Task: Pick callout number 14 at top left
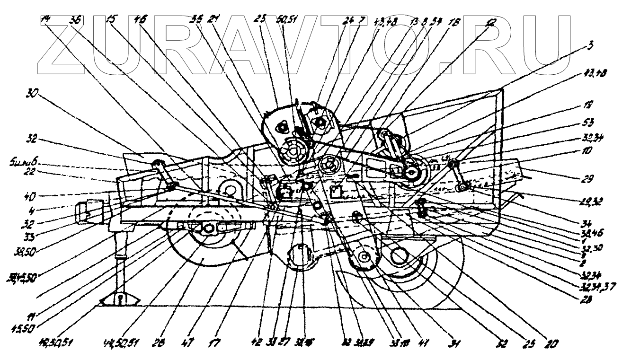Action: tap(45, 19)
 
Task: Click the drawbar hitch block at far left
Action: tap(86, 210)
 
